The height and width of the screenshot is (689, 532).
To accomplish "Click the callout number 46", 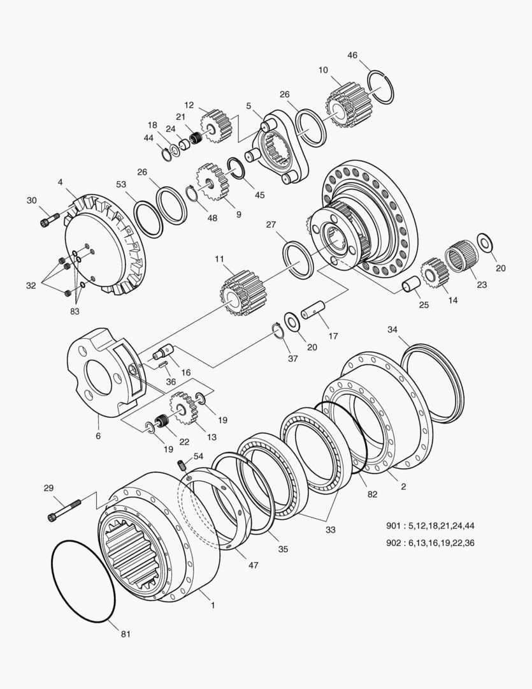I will click(352, 56).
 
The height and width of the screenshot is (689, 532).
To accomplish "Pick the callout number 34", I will click(392, 329).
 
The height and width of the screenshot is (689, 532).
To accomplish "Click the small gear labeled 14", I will click(433, 272).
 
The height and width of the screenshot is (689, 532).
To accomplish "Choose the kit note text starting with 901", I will click(430, 526).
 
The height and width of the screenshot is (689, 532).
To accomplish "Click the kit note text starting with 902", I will click(430, 543).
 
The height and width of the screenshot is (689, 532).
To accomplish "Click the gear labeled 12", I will click(216, 125).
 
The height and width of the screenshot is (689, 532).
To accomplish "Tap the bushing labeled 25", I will click(410, 284).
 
